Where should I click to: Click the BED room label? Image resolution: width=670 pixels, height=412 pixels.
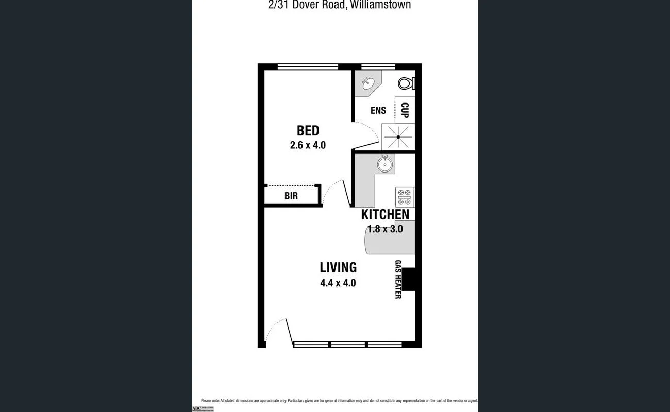[308, 131]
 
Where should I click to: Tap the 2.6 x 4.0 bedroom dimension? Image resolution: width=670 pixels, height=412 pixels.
[308, 145]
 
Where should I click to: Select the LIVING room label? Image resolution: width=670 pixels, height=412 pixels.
[338, 267]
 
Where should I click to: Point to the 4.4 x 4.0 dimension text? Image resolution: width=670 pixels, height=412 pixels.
[338, 283]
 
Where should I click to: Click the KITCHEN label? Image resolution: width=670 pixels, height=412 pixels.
[385, 215]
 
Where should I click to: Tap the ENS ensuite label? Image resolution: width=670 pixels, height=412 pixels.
[378, 110]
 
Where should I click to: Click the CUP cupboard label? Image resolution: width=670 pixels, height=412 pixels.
[405, 110]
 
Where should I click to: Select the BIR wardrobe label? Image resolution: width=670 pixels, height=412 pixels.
[291, 196]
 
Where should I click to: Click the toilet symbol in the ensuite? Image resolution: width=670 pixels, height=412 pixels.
[406, 83]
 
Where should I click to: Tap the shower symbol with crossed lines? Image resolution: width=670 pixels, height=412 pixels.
[398, 136]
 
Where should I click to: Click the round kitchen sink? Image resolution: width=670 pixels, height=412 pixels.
[384, 164]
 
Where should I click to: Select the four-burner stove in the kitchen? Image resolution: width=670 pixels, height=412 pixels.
[405, 197]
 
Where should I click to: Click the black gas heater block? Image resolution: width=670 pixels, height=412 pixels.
[408, 280]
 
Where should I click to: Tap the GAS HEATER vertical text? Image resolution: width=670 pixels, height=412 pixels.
[398, 279]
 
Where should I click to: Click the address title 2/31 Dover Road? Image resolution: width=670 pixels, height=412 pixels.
[335, 5]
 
